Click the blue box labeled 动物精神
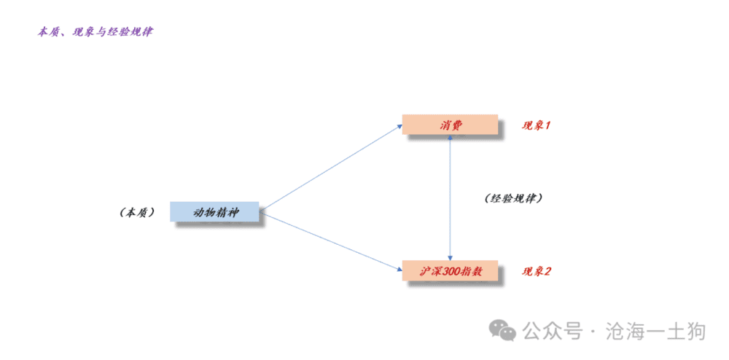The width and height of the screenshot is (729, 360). (214, 212)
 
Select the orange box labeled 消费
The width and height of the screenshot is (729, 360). (450, 125)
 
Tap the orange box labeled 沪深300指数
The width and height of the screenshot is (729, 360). (450, 270)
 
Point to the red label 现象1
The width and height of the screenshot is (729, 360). (536, 125)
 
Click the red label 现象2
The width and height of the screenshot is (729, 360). (536, 271)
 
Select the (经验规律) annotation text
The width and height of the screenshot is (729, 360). (513, 198)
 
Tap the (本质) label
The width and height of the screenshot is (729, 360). (137, 213)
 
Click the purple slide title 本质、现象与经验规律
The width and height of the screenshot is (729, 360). (95, 32)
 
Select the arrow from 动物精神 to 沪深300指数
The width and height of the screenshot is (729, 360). (330, 241)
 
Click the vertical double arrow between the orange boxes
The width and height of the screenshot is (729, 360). (450, 197)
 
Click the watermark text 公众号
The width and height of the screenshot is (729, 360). (552, 332)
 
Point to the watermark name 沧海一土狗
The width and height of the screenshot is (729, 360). (656, 332)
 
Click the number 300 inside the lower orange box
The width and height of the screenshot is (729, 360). (448, 271)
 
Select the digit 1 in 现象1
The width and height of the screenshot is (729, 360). (547, 125)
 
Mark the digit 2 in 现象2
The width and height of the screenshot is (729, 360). (547, 271)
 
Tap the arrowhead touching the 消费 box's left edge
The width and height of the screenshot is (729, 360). (399, 125)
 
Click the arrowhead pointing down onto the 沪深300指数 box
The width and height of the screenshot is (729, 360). (450, 258)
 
